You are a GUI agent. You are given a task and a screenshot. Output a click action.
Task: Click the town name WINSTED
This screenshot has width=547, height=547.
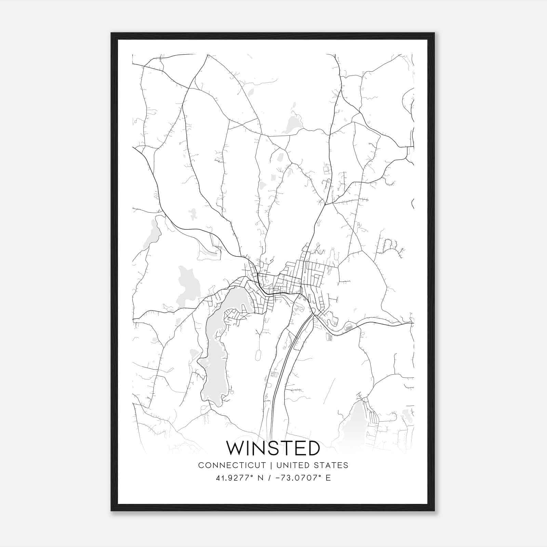[x=273, y=448]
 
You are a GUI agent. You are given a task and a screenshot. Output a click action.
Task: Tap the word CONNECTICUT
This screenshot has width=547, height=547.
[x=232, y=465]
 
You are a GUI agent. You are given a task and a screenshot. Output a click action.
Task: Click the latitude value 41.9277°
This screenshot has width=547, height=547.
[x=235, y=478]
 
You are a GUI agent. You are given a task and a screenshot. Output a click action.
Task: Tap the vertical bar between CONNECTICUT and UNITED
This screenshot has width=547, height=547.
[x=271, y=465]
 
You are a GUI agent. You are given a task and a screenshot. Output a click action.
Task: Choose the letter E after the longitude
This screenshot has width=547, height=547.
[x=328, y=478]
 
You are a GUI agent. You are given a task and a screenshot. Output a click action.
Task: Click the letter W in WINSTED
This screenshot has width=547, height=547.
[x=235, y=448]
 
